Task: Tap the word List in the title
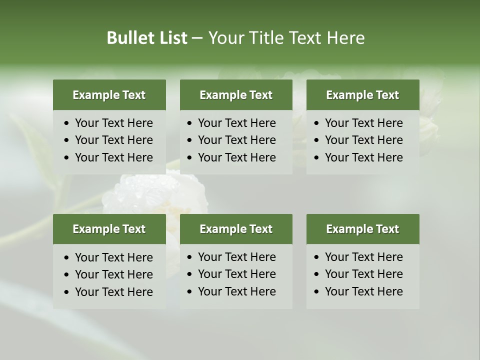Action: pos(171,38)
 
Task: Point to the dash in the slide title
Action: pos(197,38)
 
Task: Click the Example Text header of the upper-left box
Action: pos(109,95)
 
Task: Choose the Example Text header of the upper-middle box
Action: pos(236,95)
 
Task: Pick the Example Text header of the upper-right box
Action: pos(362,95)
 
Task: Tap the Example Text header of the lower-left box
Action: pos(109,229)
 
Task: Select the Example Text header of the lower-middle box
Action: pos(236,229)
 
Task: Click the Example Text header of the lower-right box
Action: pos(362,229)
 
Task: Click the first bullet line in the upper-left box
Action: pos(113,123)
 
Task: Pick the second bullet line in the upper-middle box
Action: pos(236,140)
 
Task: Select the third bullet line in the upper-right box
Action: pos(363,157)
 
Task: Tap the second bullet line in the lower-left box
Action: pos(113,274)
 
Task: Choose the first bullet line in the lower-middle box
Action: pos(236,257)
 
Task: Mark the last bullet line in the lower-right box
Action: pos(363,291)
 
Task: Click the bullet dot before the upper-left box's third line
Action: pos(67,158)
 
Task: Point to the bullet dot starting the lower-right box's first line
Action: pos(317,257)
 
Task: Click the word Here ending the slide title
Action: pos(345,38)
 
